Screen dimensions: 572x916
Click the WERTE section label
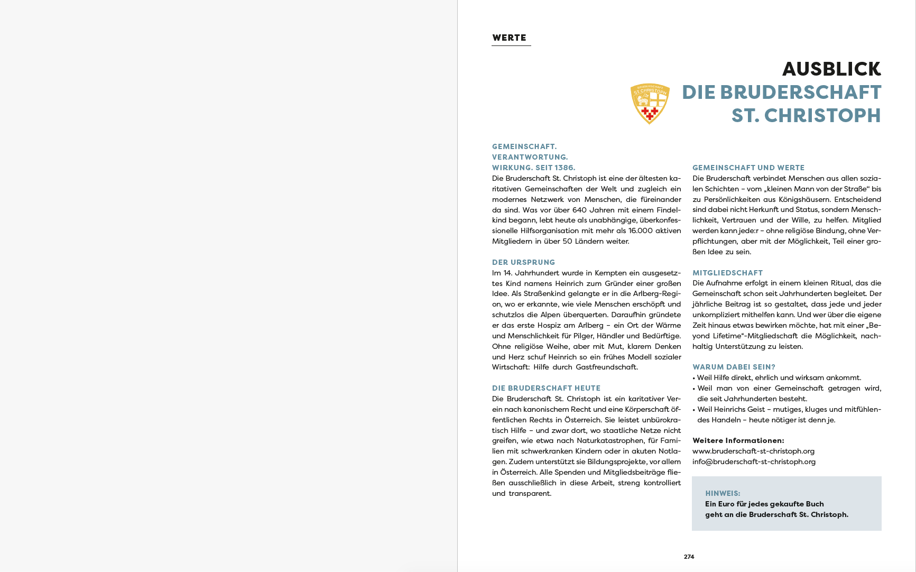click(509, 38)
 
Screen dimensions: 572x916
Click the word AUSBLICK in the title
click(831, 69)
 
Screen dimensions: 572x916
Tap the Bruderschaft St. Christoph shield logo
click(650, 103)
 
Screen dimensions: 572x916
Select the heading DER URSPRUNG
click(523, 262)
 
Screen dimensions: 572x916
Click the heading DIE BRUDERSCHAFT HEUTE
click(546, 388)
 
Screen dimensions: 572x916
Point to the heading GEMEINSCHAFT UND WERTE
click(748, 168)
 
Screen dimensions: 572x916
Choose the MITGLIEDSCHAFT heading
click(727, 273)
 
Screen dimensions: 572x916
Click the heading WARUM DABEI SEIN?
click(734, 367)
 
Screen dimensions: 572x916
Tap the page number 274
click(689, 557)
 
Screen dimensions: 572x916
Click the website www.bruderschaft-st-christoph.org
click(753, 451)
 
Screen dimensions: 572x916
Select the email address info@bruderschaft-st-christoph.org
click(754, 462)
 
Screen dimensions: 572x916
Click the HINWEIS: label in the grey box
click(723, 493)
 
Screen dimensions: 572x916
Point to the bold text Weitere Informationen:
click(738, 440)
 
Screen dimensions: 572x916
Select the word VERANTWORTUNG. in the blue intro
click(530, 157)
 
